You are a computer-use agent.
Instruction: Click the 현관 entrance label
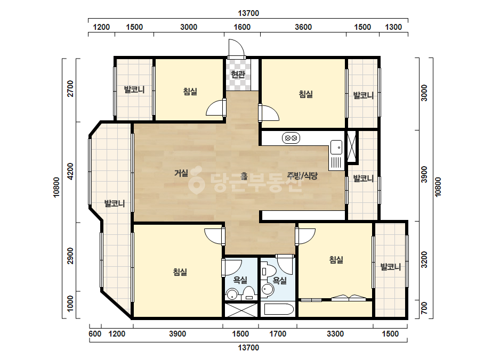point(238,75)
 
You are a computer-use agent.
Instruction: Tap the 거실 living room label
point(181,173)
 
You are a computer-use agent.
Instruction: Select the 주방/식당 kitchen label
point(302,176)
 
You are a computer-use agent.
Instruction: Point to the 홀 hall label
point(244,176)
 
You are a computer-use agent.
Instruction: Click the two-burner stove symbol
point(291,138)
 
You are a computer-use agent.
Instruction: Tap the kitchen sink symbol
point(336,155)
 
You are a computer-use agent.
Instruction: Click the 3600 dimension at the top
point(303,27)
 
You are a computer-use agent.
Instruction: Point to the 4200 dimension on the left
point(70,171)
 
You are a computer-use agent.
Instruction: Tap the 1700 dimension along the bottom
point(278,334)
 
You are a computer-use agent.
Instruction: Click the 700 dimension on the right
point(424,308)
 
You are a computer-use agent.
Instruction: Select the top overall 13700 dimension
point(248,13)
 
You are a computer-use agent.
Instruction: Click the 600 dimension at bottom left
point(95,334)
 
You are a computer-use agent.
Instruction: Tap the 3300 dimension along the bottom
point(335,334)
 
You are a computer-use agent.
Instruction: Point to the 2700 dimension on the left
point(70,89)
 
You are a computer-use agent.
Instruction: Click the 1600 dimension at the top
point(242,27)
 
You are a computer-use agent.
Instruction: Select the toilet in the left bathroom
point(249,293)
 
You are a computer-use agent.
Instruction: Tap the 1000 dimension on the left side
point(70,304)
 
